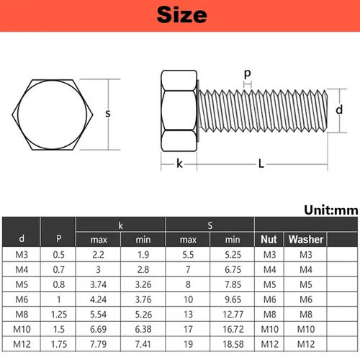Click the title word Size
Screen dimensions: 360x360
(x=180, y=14)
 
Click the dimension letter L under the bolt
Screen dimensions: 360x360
(x=261, y=164)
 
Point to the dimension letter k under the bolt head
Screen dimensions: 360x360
(x=179, y=164)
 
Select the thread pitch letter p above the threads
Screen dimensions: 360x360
(x=248, y=74)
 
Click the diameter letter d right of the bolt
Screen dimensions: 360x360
(x=340, y=110)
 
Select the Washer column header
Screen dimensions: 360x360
(x=306, y=239)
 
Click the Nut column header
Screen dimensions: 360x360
(x=269, y=239)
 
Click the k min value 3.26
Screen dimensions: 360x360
(x=143, y=284)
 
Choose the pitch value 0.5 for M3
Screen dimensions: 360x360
(x=58, y=254)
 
